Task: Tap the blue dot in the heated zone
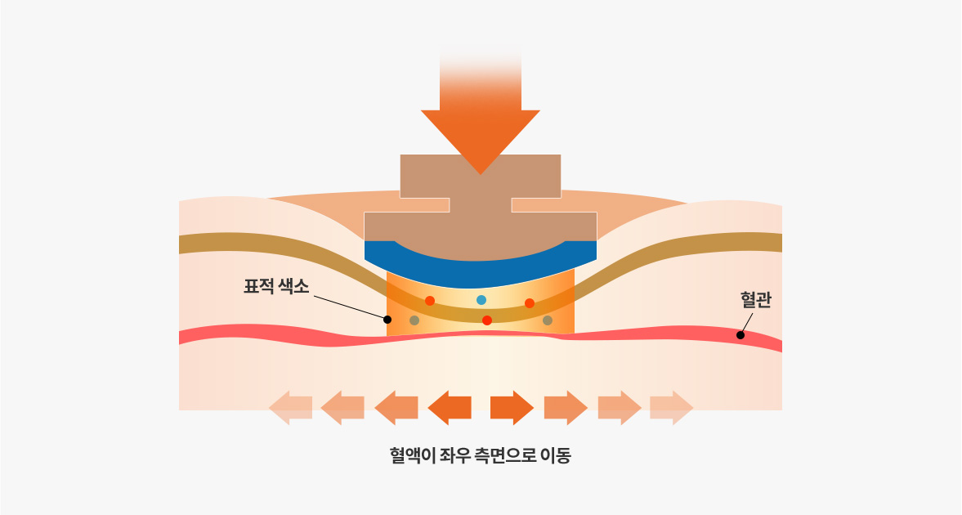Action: click(481, 300)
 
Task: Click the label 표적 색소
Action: click(276, 287)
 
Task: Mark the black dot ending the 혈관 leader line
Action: click(741, 334)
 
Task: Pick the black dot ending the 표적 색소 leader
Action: click(387, 320)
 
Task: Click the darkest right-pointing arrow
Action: click(512, 408)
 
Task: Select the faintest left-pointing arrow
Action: click(290, 408)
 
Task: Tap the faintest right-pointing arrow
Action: click(672, 408)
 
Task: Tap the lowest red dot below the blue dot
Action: click(487, 320)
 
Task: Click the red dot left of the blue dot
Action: click(430, 301)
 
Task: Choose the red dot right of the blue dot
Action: click(530, 303)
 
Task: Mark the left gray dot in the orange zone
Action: click(414, 320)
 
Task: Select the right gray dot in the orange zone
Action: click(548, 320)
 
